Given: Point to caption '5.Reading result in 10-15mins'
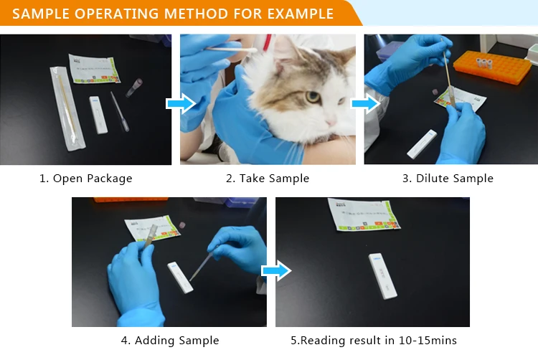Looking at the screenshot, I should pos(373,341).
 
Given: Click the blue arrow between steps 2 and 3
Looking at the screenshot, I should pos(364,105).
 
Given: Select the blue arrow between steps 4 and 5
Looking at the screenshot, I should pos(275,270).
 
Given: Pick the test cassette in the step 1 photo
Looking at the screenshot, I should pos(98,115).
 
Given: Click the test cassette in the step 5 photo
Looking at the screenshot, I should pos(382,276).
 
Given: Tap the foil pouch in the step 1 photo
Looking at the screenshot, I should pos(93,69).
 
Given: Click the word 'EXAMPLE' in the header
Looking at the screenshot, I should pos(301,14).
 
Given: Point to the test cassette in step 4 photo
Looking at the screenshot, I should pos(180,277).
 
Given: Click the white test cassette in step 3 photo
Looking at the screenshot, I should pos(422,144).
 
